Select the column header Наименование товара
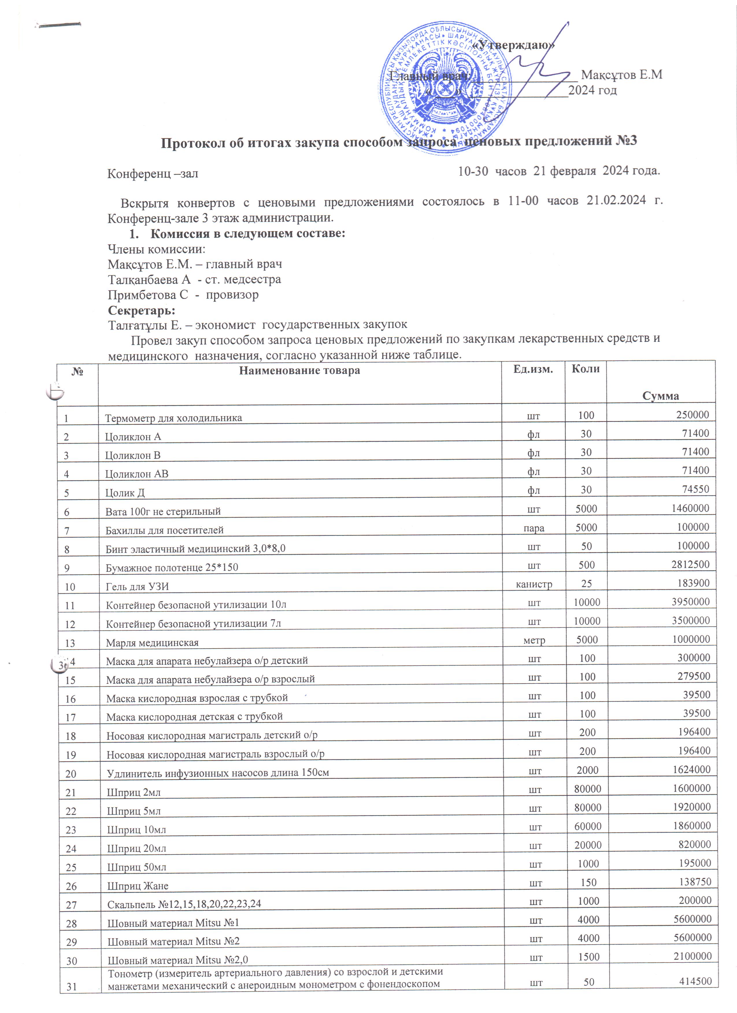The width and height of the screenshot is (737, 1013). point(299,370)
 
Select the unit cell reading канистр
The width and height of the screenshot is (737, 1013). point(534,584)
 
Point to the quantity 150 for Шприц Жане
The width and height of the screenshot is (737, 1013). point(588,882)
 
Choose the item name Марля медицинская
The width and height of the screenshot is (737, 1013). point(152,643)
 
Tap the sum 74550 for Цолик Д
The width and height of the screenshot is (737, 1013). point(695,489)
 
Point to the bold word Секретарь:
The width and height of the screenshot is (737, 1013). point(142,310)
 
